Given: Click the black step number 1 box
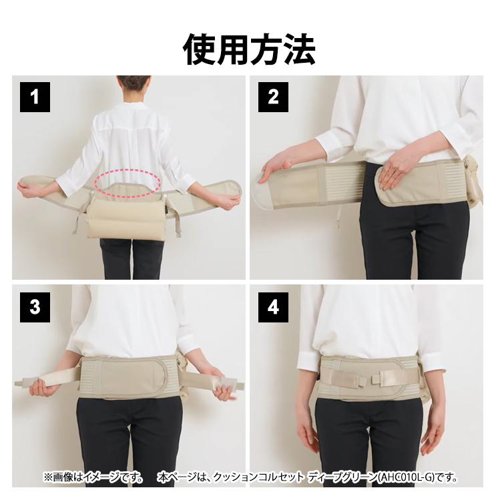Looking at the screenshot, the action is click(35, 97).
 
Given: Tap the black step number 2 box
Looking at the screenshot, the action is click(273, 97).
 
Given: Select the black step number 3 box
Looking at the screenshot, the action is click(35, 307).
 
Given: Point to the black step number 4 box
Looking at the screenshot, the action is click(273, 307).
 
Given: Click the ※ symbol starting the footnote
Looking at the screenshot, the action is click(48, 477).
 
